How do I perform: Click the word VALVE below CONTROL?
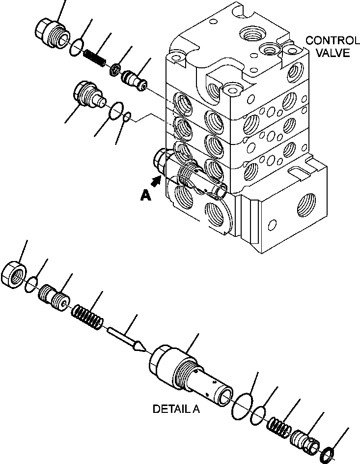pos(333,53)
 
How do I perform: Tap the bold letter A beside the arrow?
pos(145,195)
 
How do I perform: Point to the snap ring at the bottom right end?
pos(330,450)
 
